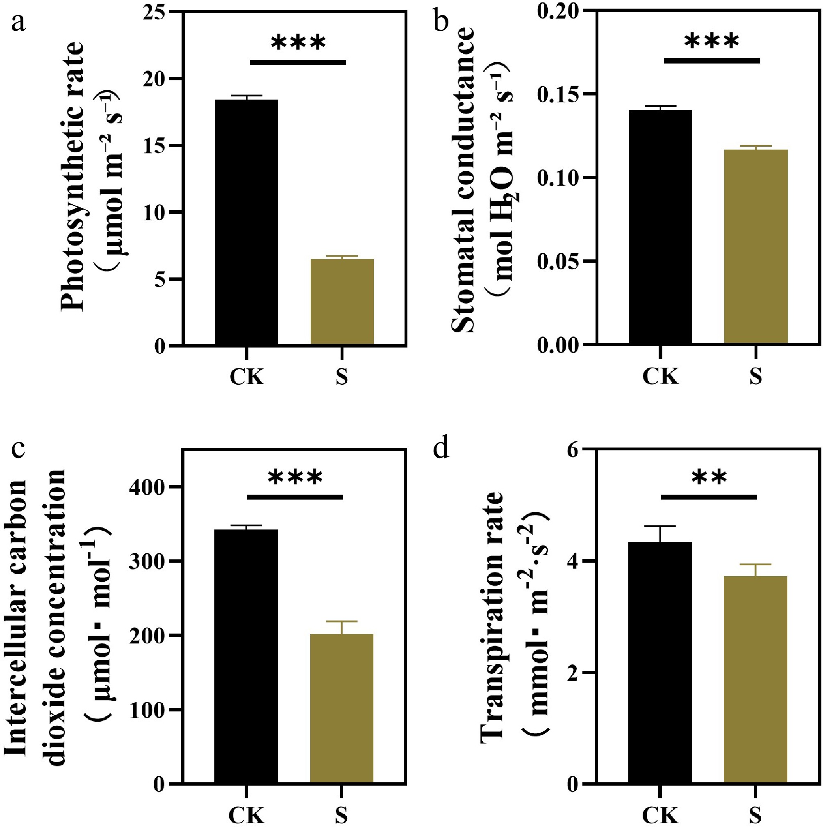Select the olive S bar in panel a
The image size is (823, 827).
pos(342,301)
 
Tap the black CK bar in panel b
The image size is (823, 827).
pos(660,227)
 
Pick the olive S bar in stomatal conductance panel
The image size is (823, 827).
pos(756,246)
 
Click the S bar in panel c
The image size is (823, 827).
pos(342,709)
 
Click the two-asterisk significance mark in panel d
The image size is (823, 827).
pos(709,477)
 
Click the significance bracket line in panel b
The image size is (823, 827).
pos(712,61)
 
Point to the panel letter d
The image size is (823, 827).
pos(441,449)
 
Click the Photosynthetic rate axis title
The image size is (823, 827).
pos(73,175)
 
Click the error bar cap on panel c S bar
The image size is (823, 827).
pos(342,621)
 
